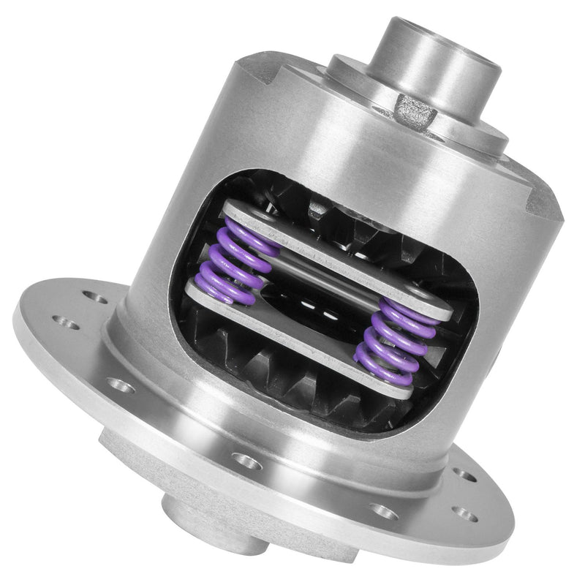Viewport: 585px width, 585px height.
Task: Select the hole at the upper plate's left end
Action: (233, 213)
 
